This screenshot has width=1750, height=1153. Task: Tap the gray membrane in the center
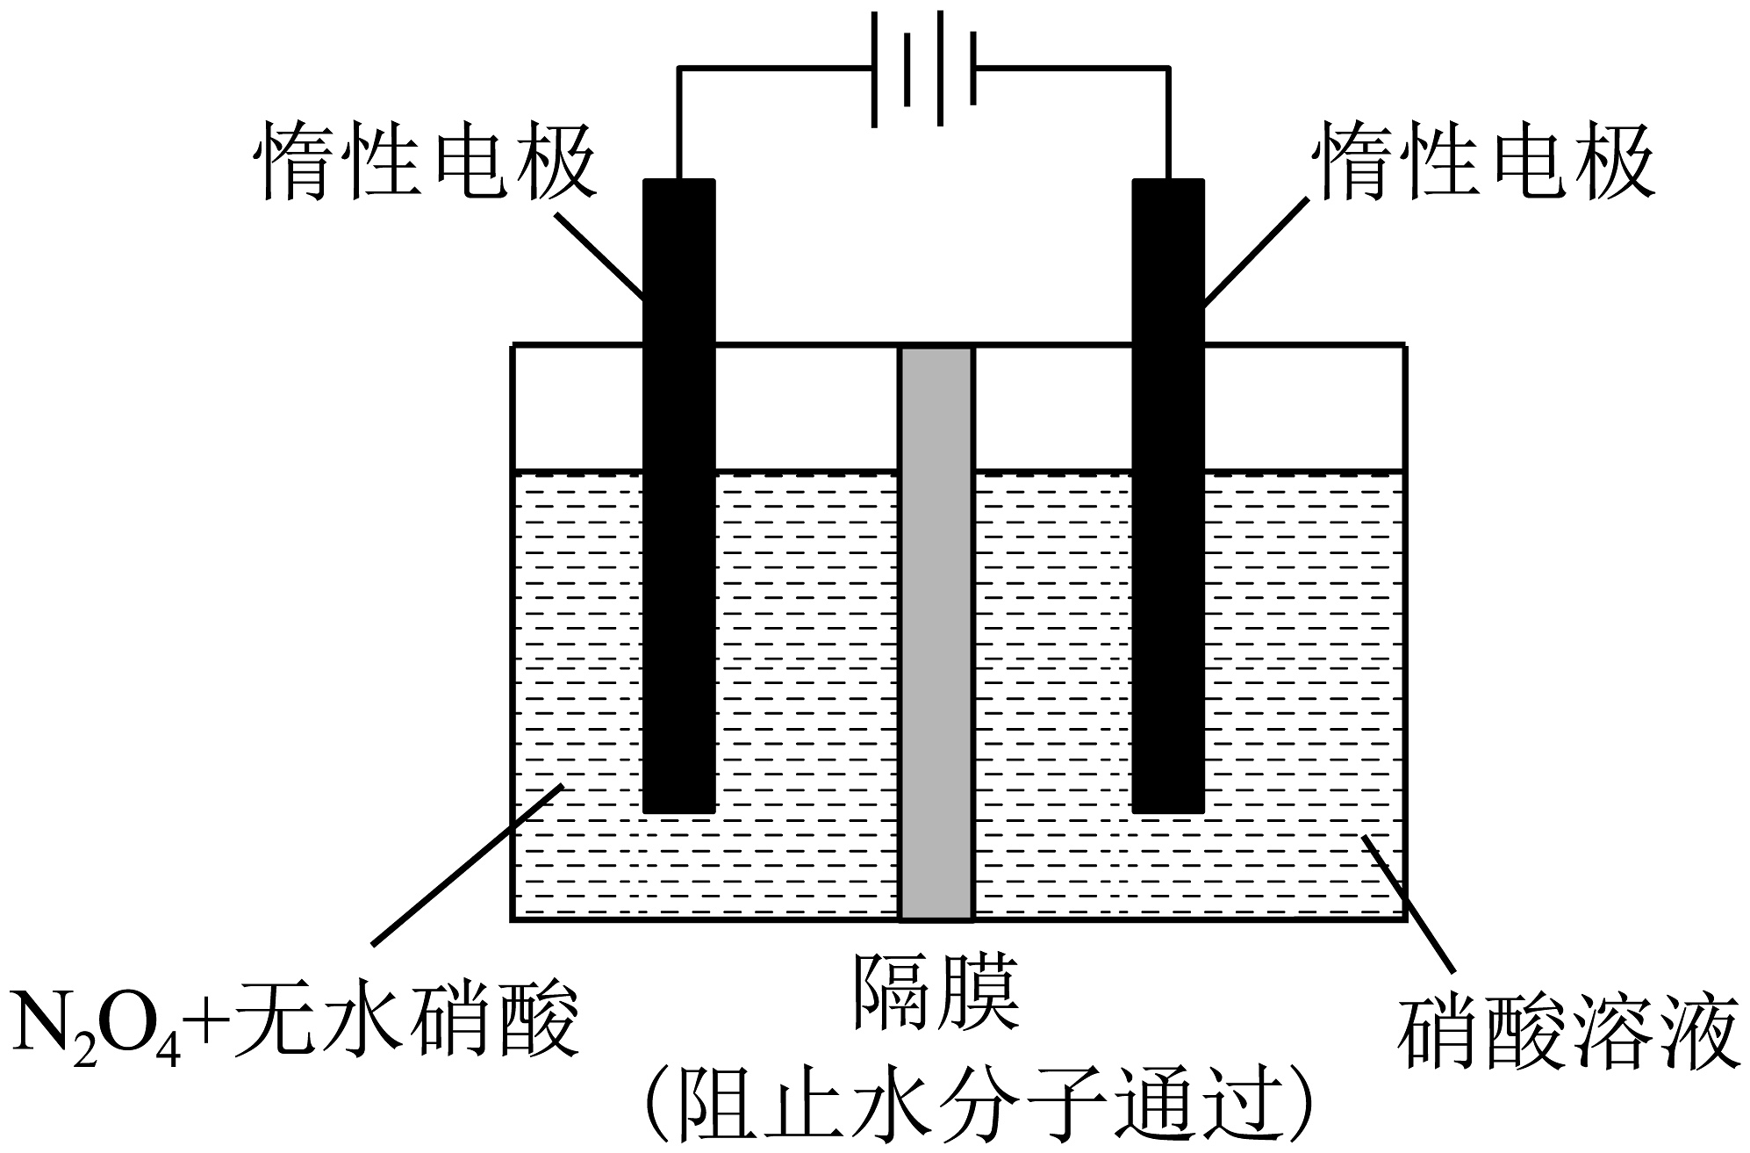(936, 632)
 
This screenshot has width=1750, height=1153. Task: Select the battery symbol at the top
(923, 68)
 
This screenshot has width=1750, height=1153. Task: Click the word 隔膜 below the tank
(936, 992)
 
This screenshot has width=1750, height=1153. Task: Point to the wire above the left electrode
(678, 123)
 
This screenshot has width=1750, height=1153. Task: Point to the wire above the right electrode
(1168, 123)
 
